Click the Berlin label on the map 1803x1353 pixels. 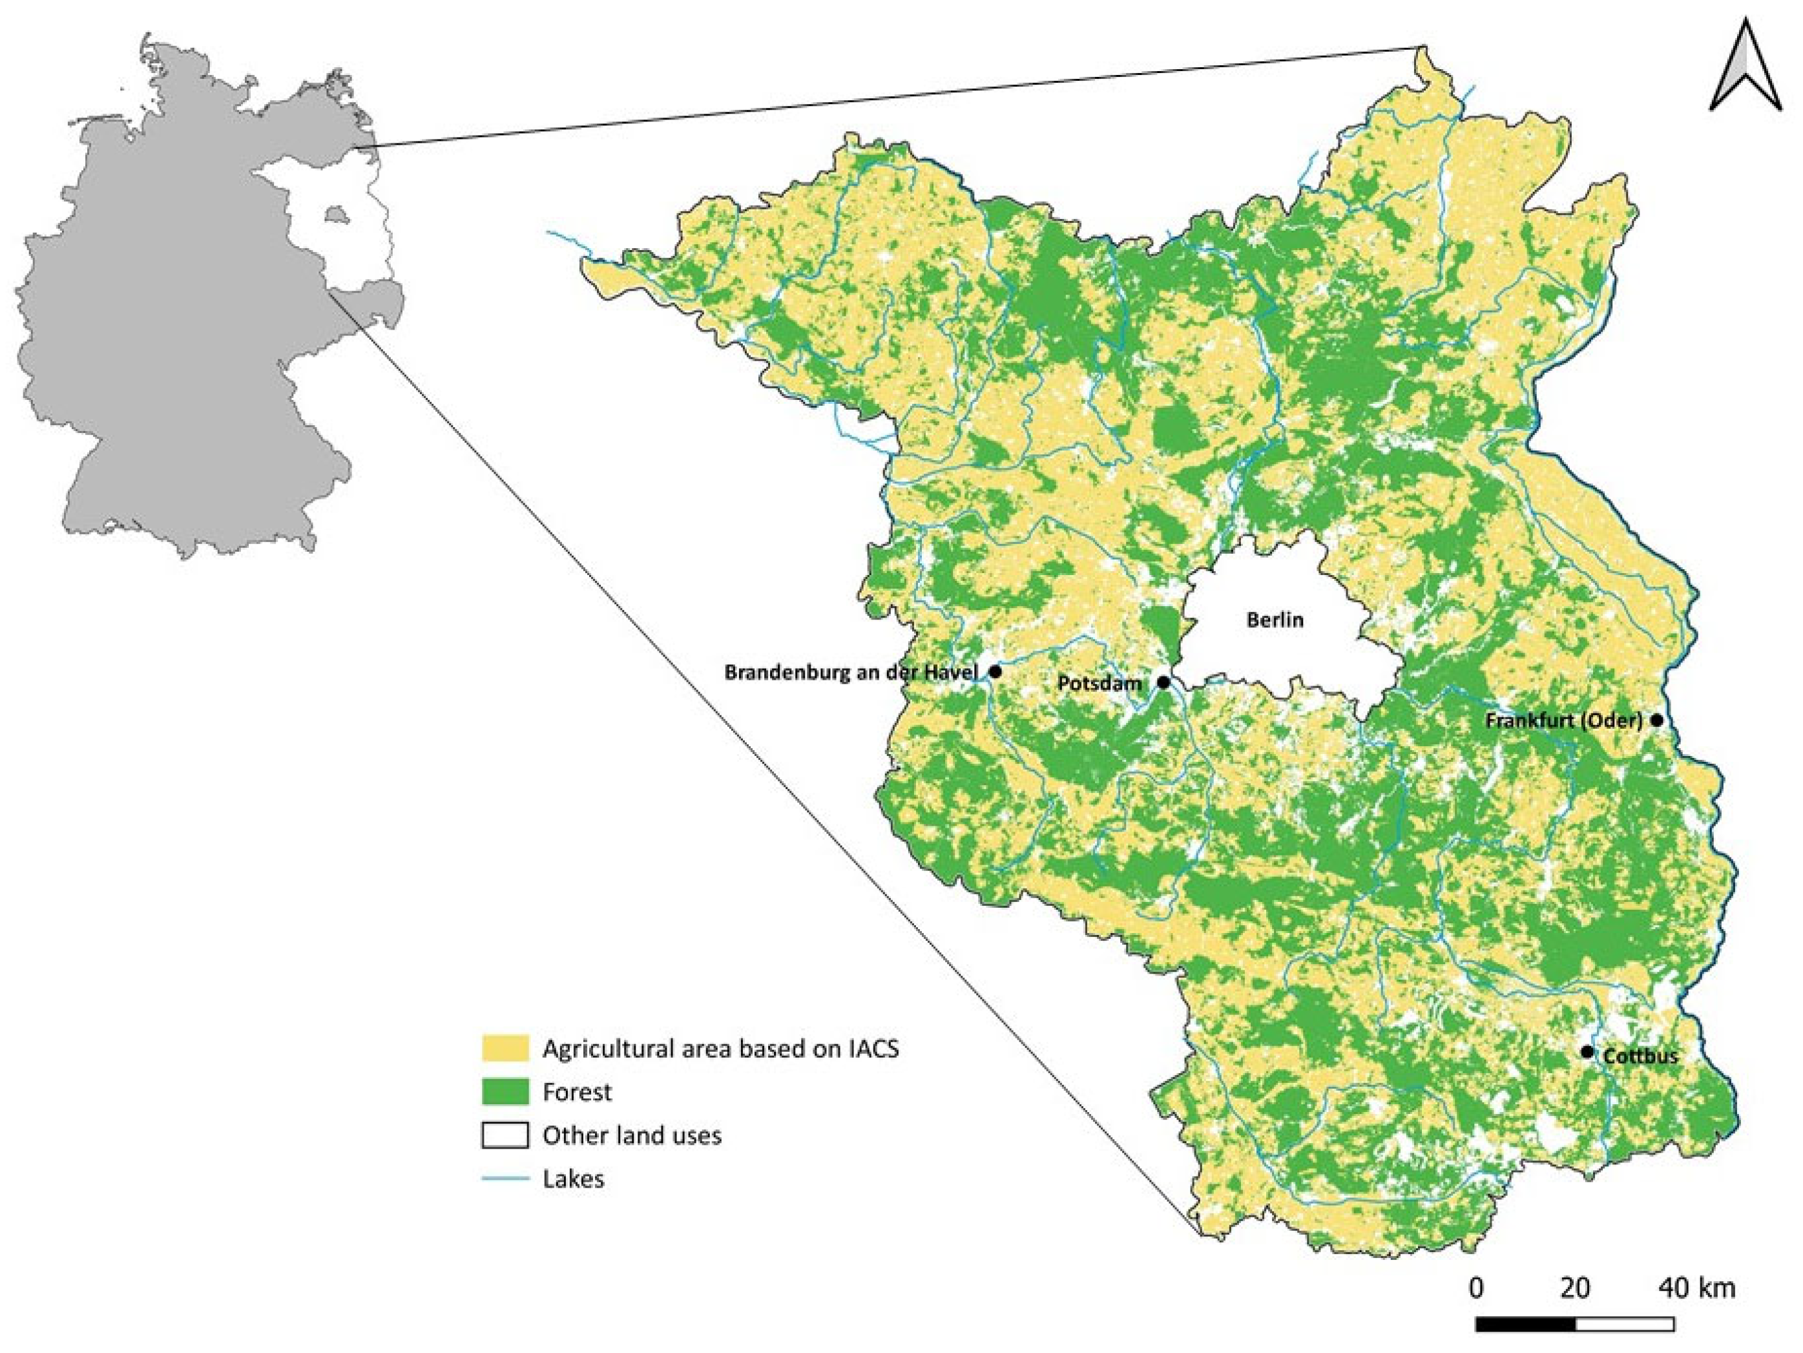(x=1275, y=620)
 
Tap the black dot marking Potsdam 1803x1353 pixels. (x=1164, y=682)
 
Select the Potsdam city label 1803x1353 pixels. (x=1100, y=683)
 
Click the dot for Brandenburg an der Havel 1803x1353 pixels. (x=995, y=671)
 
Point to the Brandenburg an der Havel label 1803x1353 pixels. (x=850, y=673)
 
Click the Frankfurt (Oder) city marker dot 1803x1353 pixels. (x=1656, y=720)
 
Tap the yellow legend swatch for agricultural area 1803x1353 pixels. (x=505, y=1048)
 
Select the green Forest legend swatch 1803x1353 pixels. (x=505, y=1091)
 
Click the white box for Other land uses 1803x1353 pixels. (x=505, y=1135)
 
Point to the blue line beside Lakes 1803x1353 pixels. (x=505, y=1179)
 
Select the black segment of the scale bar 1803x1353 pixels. (x=1525, y=1324)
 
